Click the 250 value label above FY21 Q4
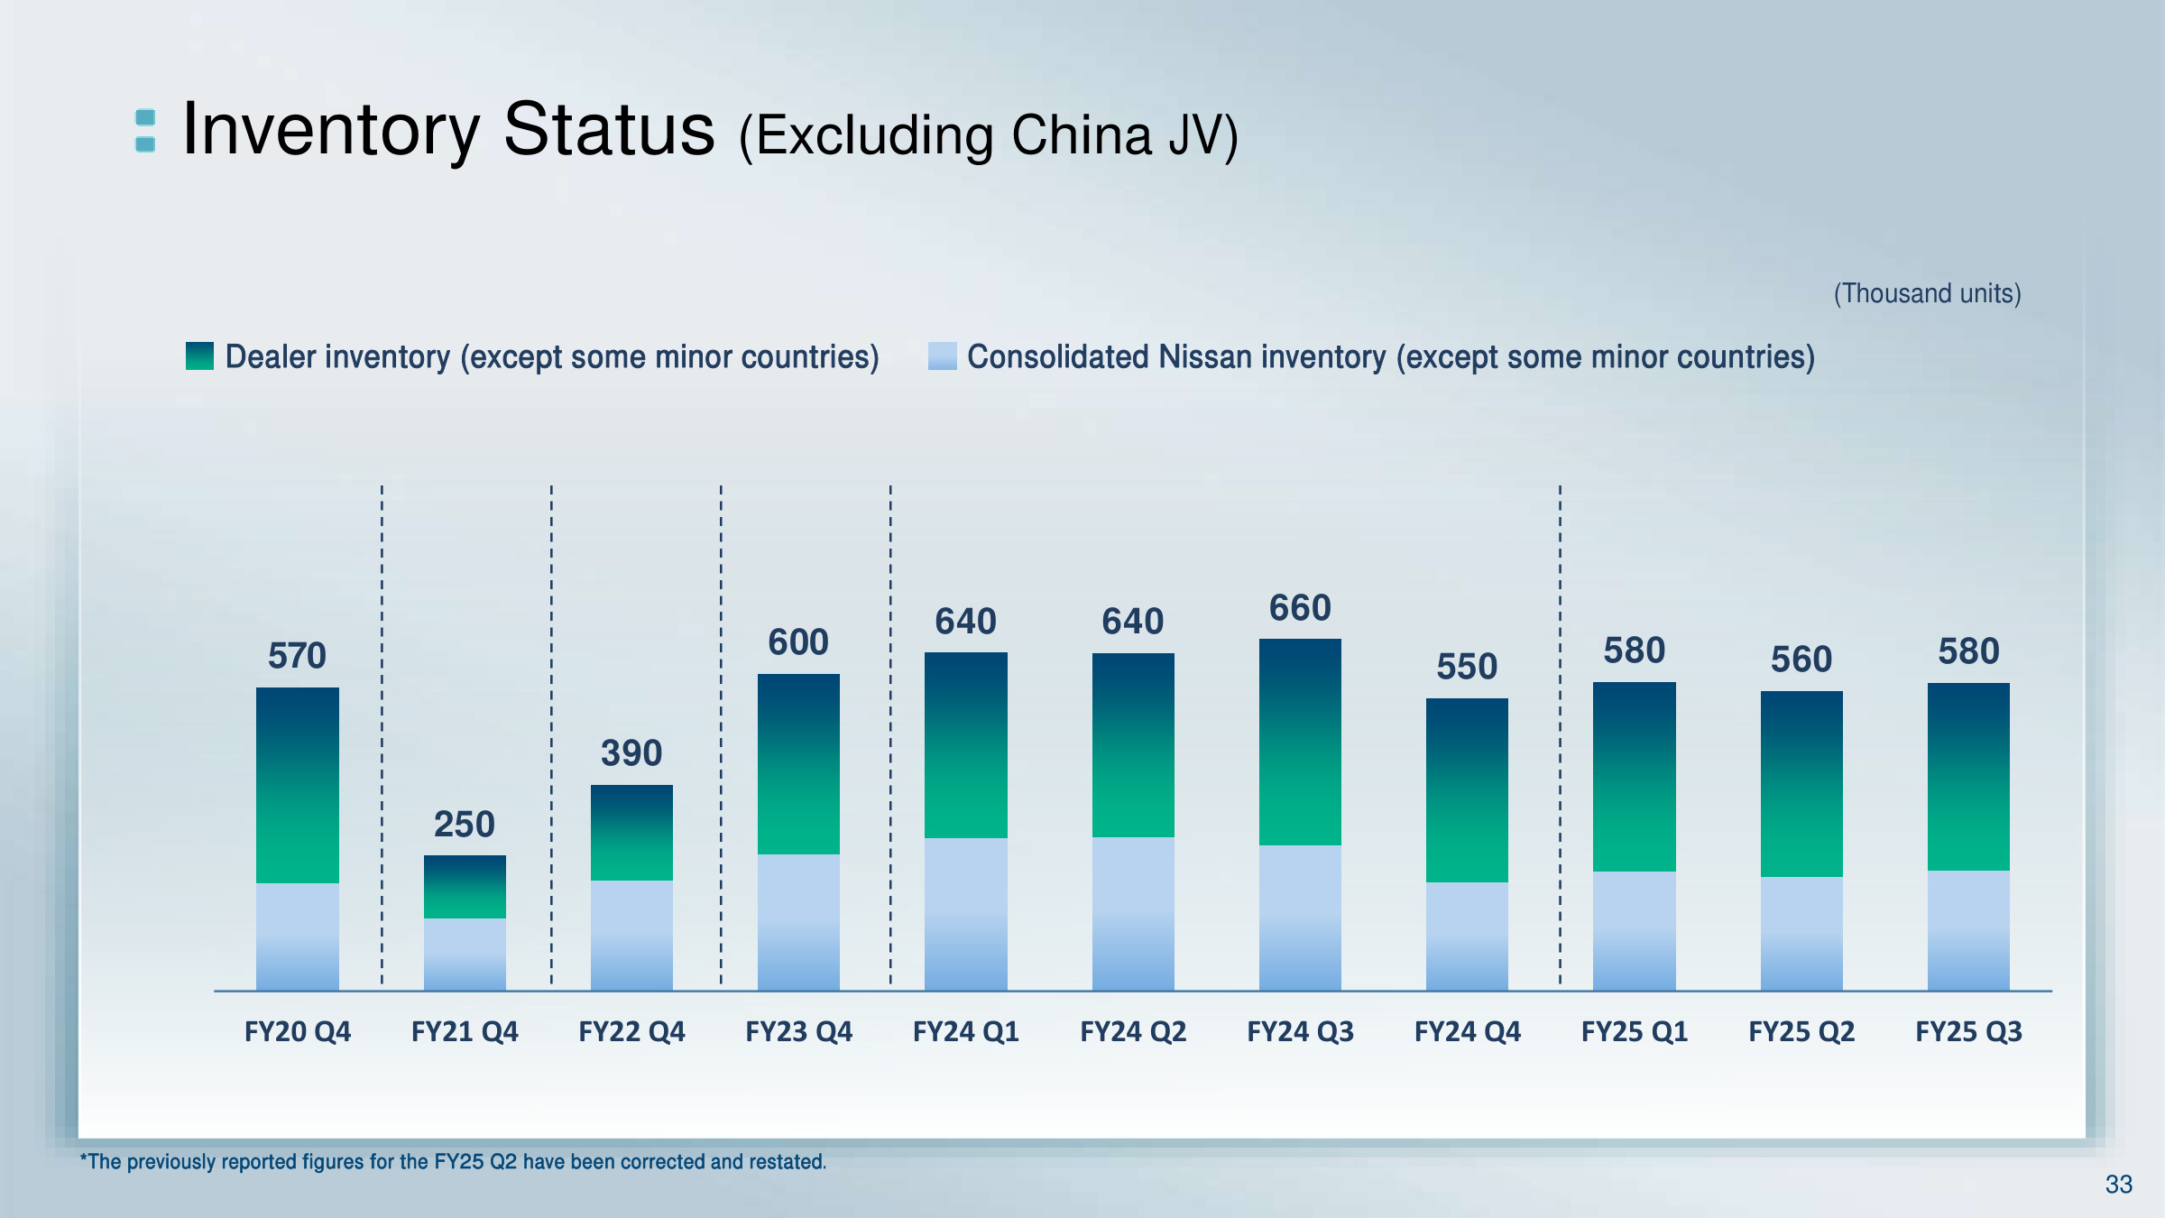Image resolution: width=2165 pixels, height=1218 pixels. [465, 825]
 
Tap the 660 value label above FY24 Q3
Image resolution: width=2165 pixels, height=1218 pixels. [1300, 608]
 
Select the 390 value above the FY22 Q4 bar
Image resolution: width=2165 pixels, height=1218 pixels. [631, 753]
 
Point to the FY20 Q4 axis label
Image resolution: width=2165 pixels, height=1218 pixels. [298, 1031]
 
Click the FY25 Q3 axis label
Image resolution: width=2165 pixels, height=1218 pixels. [1968, 1031]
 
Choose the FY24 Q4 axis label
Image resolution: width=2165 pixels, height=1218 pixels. [1467, 1031]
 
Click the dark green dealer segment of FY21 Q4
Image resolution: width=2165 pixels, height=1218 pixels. [465, 887]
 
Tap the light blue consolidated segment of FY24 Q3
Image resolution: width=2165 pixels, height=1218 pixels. [1300, 917]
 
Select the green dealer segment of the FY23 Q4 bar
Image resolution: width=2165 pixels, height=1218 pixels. [798, 764]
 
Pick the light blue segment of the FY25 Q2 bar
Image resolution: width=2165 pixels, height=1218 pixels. [1801, 933]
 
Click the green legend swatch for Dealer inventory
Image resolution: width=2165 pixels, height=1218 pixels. [199, 356]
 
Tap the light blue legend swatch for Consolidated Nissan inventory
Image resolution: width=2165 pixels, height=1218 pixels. [942, 356]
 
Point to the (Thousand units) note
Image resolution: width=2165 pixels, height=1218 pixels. [1927, 293]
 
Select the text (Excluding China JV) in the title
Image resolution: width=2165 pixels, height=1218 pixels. [989, 135]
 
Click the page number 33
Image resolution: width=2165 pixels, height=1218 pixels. [2118, 1185]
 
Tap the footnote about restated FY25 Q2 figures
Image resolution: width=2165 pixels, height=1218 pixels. [453, 1162]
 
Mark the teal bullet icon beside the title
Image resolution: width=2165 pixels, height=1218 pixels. [145, 131]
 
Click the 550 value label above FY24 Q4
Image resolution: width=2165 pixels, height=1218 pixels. [1467, 667]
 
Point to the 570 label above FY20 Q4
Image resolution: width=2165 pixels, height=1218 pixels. [297, 656]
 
